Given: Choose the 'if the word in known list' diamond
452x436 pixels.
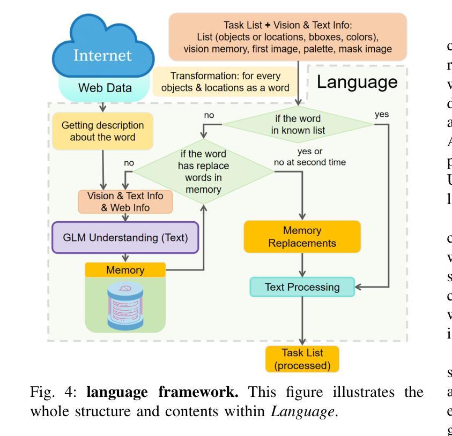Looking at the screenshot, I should pyautogui.click(x=298, y=124).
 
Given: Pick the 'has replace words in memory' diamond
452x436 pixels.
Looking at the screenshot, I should pyautogui.click(x=204, y=171).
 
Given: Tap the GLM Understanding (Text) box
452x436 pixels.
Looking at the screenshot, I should pyautogui.click(x=124, y=236).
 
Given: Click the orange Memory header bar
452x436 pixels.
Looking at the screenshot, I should pyautogui.click(x=125, y=270).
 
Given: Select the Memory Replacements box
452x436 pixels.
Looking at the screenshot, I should pyautogui.click(x=302, y=236).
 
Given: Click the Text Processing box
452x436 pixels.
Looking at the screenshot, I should pyautogui.click(x=303, y=287).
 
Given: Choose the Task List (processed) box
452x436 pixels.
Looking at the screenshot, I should pyautogui.click(x=302, y=359).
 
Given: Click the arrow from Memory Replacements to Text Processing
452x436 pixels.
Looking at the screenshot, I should pyautogui.click(x=303, y=265).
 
